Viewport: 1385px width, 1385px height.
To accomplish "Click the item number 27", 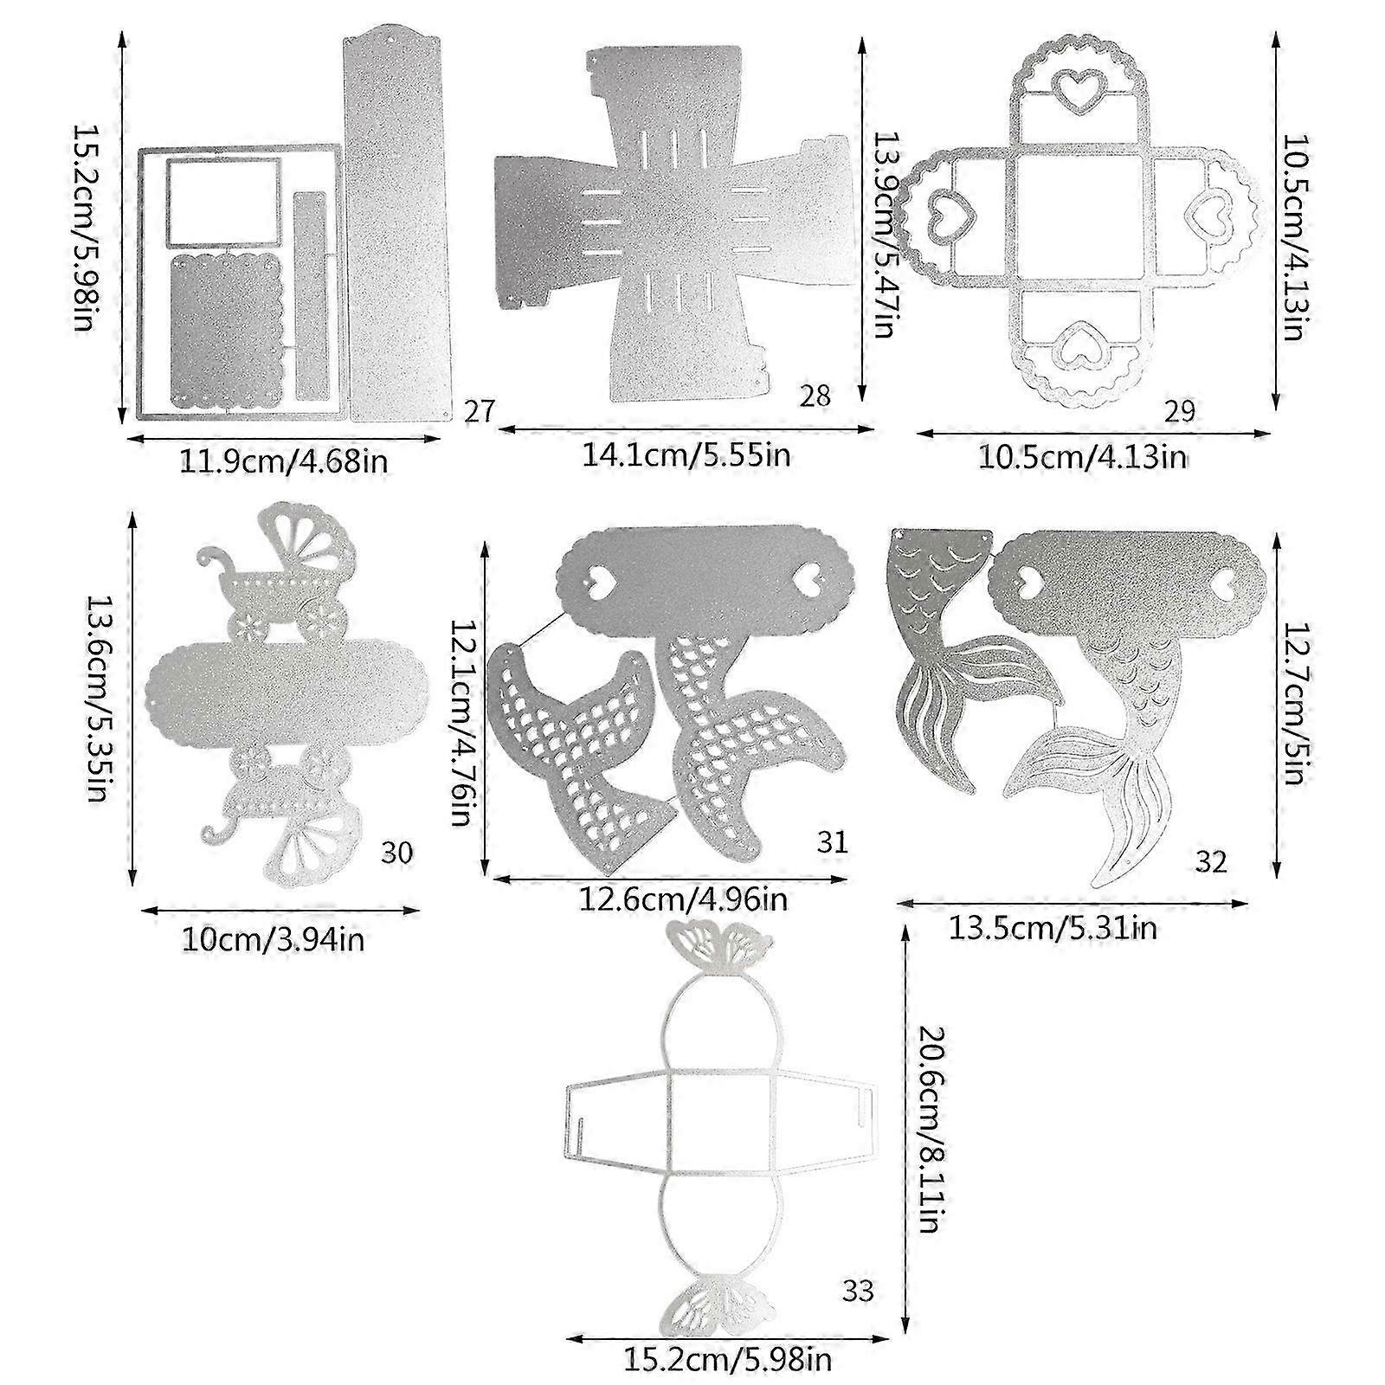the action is pyautogui.click(x=479, y=410).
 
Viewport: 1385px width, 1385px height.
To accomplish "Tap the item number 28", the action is pyautogui.click(x=815, y=396).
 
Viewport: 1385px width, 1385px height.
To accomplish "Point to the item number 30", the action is pyautogui.click(x=397, y=853).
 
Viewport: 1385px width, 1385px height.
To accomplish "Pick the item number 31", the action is pyautogui.click(x=831, y=841).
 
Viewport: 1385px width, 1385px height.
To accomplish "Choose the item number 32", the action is pyautogui.click(x=1211, y=862).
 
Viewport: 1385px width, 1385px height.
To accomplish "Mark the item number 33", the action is pyautogui.click(x=857, y=1292).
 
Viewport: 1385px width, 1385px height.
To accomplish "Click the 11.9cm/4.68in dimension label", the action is pyautogui.click(x=283, y=461).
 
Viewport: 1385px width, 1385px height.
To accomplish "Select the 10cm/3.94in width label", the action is pyautogui.click(x=273, y=939).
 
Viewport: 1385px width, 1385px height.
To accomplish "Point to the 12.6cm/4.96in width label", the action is pyautogui.click(x=683, y=899).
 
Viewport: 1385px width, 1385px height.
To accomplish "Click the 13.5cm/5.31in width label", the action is pyautogui.click(x=1053, y=929).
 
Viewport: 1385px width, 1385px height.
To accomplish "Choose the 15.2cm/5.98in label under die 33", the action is pyautogui.click(x=728, y=1359).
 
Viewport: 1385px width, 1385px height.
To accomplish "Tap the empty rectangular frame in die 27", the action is pyautogui.click(x=223, y=202).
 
